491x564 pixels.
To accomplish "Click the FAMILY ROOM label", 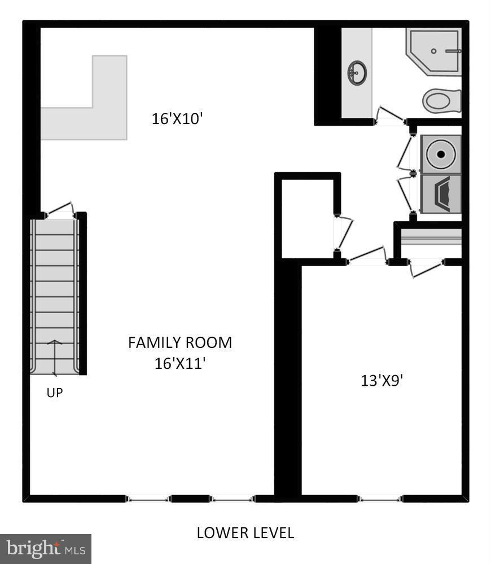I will click(x=180, y=342).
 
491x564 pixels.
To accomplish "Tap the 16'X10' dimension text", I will click(x=177, y=119).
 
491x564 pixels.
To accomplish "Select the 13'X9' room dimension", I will click(x=382, y=380).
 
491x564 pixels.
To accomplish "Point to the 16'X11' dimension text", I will click(x=179, y=363).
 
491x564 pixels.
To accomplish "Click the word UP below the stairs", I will click(x=55, y=393).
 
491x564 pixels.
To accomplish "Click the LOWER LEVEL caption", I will click(x=245, y=532).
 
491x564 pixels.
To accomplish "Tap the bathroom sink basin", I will click(x=357, y=72).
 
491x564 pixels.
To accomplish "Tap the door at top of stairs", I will click(x=60, y=210).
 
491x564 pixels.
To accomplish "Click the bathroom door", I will click(x=391, y=113).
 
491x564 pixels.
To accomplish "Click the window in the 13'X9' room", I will click(x=380, y=498).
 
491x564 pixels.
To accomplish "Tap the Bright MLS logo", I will click(x=45, y=548).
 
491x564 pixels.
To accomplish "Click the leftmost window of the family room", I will click(x=147, y=498).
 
